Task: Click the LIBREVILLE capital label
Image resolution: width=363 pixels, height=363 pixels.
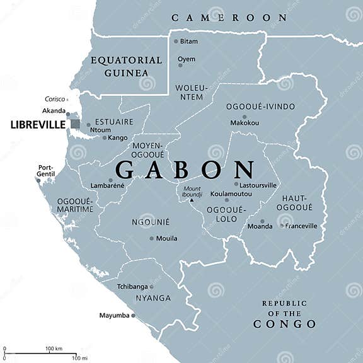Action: tap(38, 125)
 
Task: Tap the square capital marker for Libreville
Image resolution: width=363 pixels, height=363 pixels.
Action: tap(75, 124)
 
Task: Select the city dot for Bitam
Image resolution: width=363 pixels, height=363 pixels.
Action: tap(175, 42)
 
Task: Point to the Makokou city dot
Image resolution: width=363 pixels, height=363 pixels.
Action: tap(245, 117)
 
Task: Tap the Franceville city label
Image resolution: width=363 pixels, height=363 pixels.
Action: tap(301, 226)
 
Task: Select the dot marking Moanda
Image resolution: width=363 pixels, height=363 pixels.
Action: tap(262, 222)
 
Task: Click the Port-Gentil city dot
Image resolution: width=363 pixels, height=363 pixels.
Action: tap(38, 181)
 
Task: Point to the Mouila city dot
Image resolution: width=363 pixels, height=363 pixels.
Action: tap(151, 238)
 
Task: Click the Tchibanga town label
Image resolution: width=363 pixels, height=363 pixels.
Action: tap(132, 286)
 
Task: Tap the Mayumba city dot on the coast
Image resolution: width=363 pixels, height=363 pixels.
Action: tap(133, 315)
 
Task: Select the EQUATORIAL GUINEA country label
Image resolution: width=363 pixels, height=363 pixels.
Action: tap(126, 66)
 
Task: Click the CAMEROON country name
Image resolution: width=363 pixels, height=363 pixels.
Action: tap(229, 18)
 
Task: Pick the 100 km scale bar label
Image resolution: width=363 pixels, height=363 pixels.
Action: tap(54, 349)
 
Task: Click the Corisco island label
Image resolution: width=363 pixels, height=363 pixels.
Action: tap(55, 99)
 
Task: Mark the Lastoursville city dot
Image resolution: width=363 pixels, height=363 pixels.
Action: tap(236, 185)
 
